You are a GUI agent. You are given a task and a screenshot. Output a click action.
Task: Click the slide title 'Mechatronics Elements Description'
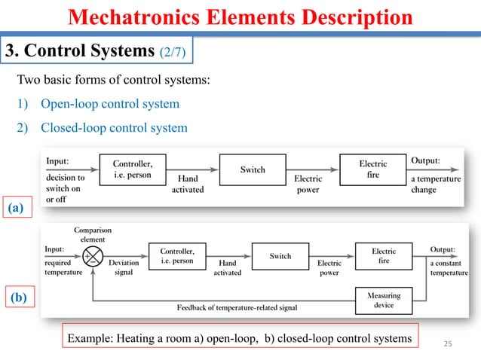241,17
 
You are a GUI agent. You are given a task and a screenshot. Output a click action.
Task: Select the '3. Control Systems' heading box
97,50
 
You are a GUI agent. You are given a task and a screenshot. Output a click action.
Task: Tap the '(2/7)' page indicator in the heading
175,51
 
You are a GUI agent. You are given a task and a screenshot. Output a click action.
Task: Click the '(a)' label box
17,206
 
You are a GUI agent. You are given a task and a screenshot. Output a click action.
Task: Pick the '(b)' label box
17,298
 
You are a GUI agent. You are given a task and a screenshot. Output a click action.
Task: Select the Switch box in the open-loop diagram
253,169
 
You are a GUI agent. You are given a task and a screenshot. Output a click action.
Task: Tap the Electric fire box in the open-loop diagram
372,169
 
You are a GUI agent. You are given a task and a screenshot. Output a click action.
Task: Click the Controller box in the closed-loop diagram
177,256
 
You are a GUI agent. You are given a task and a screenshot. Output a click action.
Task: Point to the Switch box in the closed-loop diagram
280,256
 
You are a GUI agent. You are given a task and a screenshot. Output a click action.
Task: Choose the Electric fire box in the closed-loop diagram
384,256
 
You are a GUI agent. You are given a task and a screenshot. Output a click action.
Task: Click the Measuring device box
384,301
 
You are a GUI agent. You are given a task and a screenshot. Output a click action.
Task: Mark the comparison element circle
93,256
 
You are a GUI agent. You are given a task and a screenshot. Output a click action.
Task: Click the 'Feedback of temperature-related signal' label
237,308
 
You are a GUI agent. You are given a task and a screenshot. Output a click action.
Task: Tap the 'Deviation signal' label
124,268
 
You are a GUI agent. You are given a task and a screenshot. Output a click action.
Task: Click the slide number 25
447,344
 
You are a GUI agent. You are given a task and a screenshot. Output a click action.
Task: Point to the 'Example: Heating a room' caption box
240,339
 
